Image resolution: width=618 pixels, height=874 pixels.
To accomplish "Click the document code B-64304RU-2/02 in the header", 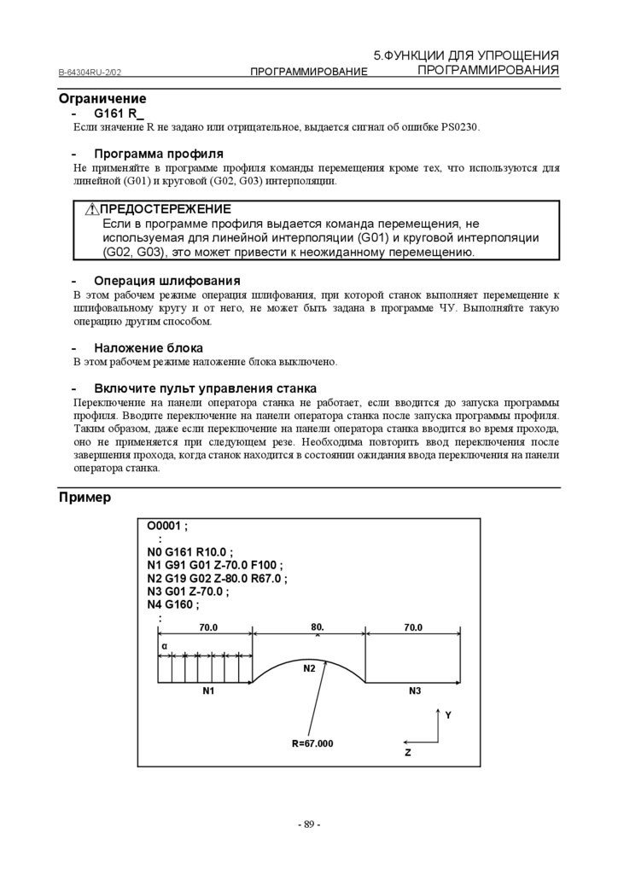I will [96, 73].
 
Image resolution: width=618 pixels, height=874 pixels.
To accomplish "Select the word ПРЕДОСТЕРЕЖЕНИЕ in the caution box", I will [166, 209].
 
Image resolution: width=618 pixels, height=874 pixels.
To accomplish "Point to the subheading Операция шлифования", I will [166, 280].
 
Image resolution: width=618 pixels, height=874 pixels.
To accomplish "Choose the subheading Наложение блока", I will [149, 347].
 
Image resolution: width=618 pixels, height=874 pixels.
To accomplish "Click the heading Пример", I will [85, 497].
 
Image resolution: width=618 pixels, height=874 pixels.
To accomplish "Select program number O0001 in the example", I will [165, 527].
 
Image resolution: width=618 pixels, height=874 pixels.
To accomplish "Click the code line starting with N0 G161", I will [189, 552].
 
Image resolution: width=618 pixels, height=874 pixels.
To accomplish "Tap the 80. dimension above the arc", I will [318, 627].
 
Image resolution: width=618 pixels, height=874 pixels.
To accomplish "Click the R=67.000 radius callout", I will [312, 743].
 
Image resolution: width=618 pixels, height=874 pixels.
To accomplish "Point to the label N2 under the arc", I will [310, 668].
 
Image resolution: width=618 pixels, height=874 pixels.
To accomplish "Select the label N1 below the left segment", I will [208, 690].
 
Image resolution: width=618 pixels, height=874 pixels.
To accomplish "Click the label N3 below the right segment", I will [416, 690].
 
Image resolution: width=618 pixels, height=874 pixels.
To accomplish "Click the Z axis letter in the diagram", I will [408, 754].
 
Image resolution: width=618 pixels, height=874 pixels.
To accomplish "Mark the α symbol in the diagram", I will [164, 646].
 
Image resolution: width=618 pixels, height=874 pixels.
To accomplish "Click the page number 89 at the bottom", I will [308, 824].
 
